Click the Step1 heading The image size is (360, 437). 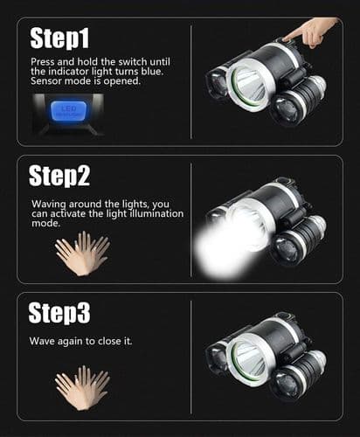pyautogui.click(x=59, y=38)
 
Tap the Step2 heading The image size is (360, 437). pyautogui.click(x=59, y=176)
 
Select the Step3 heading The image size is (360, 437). pyautogui.click(x=59, y=313)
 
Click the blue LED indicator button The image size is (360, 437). pyautogui.click(x=69, y=112)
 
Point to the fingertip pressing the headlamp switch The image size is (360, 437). pyautogui.click(x=286, y=38)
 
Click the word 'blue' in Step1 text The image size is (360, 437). pyautogui.click(x=152, y=72)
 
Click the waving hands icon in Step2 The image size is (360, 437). pyautogui.click(x=82, y=253)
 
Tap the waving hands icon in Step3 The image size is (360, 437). pyautogui.click(x=82, y=388)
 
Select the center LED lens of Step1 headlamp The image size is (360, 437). pyautogui.click(x=250, y=85)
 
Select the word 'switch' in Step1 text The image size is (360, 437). pyautogui.click(x=133, y=62)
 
